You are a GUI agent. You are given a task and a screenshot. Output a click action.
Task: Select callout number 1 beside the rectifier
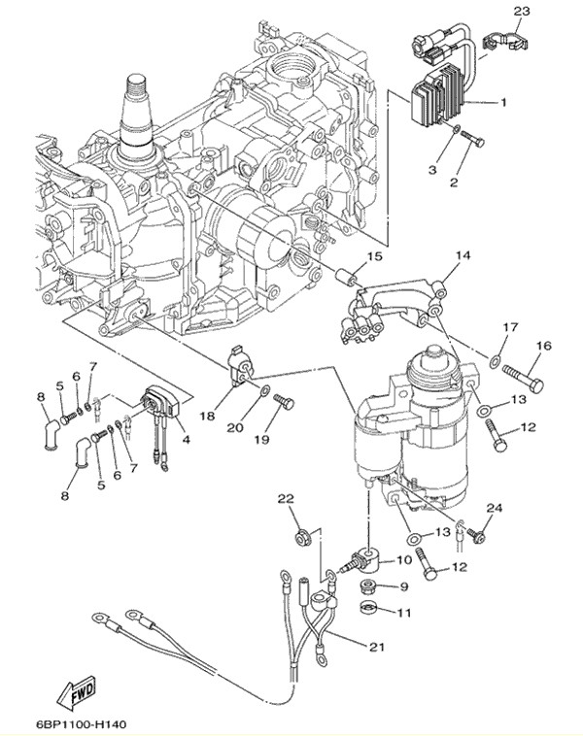(504, 102)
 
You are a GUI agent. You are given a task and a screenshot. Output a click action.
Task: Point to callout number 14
(462, 255)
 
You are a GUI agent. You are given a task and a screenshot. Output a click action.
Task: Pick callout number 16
(543, 346)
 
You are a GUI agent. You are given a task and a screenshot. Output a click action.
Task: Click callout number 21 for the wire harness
(376, 646)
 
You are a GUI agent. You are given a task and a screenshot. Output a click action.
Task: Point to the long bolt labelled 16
(524, 371)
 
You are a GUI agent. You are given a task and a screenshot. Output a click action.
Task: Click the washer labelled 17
(496, 362)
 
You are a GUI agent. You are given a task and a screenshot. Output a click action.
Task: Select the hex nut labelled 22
(299, 535)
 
